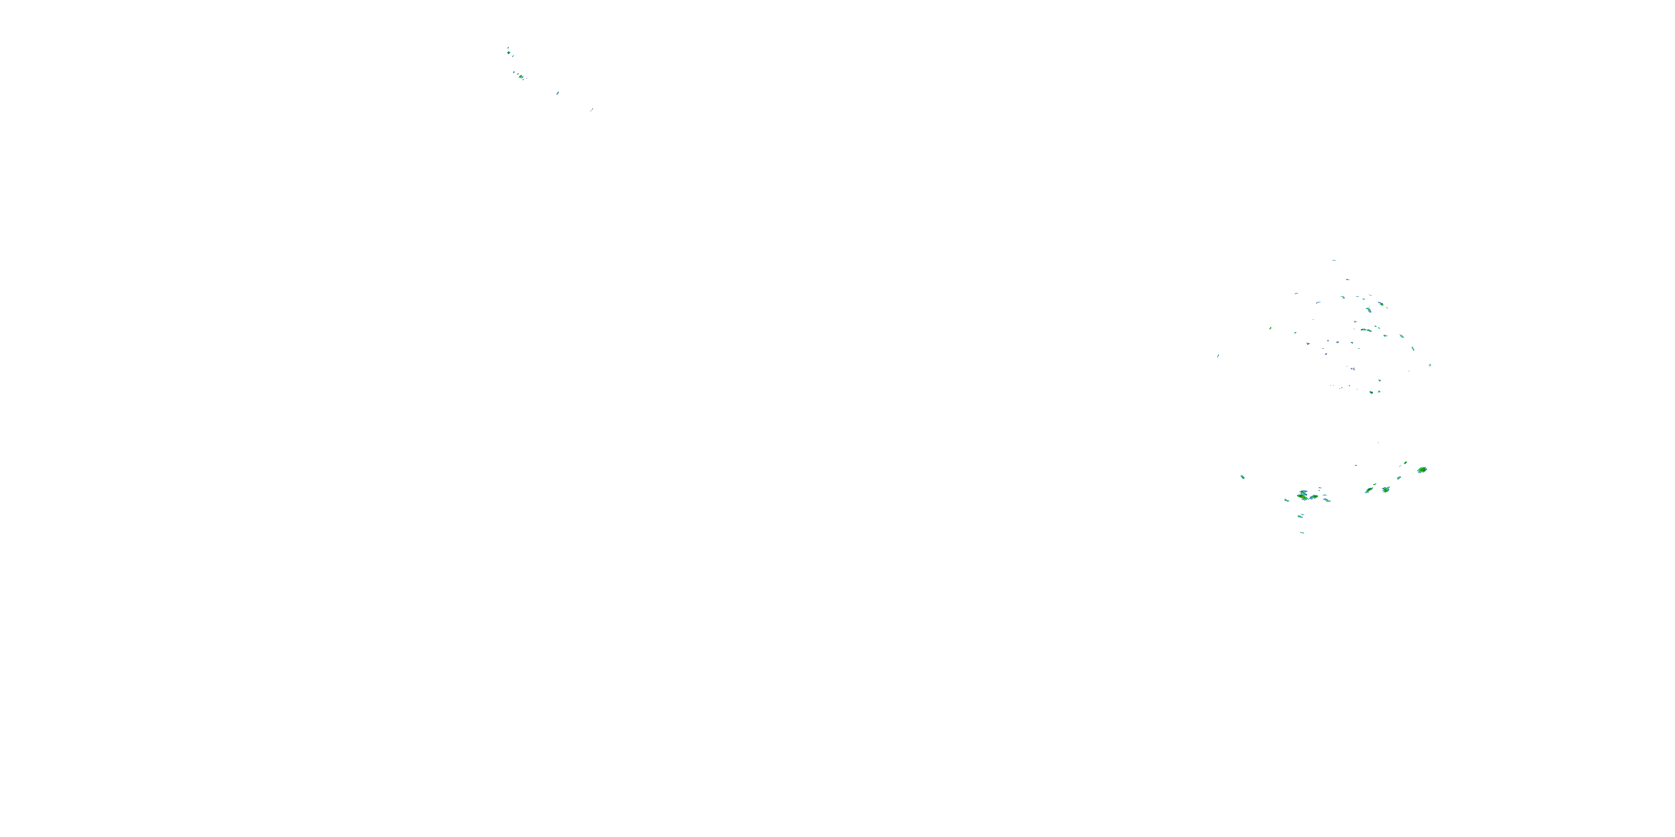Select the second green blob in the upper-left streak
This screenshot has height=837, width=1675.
coord(521,76)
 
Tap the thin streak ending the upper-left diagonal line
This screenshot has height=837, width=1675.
coord(591,110)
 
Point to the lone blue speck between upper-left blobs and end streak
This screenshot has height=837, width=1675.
coord(557,93)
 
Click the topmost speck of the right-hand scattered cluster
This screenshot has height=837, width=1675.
coord(1334,261)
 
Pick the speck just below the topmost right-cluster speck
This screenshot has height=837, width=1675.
coord(1347,280)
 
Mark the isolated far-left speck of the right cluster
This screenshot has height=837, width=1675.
coord(1218,355)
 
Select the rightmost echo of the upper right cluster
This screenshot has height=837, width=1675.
coord(1430,365)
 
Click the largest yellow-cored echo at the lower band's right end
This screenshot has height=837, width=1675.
coord(1422,469)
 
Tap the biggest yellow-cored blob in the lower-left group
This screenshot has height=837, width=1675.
coord(1304,496)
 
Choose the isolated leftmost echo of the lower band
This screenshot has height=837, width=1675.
coord(1243,477)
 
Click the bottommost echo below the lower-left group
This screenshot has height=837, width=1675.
coord(1303,532)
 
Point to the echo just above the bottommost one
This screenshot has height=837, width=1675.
coord(1300,516)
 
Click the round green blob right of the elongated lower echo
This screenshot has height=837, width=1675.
coord(1386,489)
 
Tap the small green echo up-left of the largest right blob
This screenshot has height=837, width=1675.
coord(1405,463)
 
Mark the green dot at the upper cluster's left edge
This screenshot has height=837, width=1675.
coord(1271,328)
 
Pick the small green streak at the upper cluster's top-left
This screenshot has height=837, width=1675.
coord(1296,294)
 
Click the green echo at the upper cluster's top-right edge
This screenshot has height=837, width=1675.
coord(1380,304)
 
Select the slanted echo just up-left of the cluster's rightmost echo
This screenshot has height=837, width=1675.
coord(1413,349)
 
